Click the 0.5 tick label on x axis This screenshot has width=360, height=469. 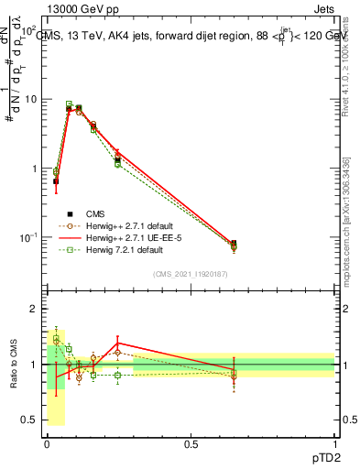click(x=191, y=443)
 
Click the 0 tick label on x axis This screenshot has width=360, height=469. click(x=48, y=443)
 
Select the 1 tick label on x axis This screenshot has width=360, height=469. click(x=335, y=443)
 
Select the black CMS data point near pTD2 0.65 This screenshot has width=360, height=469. click(x=234, y=244)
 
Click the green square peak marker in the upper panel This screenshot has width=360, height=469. click(x=69, y=104)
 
